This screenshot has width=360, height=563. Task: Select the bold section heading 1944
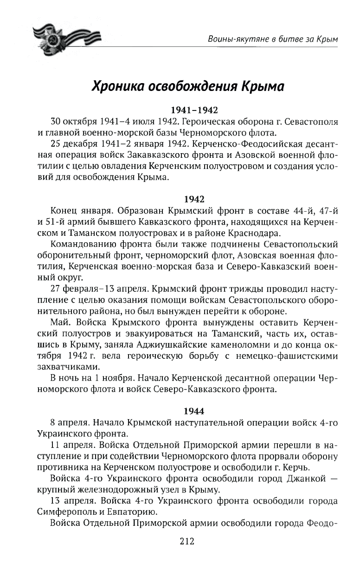[194, 411]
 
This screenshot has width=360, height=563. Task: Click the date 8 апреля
[69, 423]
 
